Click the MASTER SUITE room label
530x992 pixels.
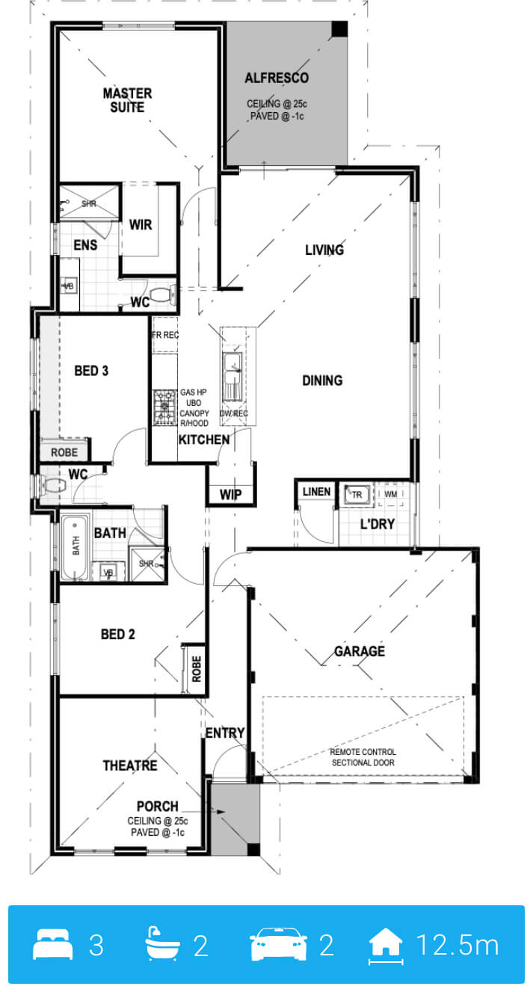[x=128, y=100]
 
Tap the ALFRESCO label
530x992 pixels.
[x=277, y=78]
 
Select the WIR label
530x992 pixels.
[x=141, y=224]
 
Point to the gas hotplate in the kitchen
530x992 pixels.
[x=164, y=407]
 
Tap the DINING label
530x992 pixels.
[x=322, y=381]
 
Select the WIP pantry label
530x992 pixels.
[x=231, y=494]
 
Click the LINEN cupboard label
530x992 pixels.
[x=317, y=492]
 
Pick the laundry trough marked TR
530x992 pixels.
[x=357, y=494]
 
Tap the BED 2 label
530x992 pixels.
[x=118, y=634]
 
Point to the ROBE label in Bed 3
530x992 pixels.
[x=64, y=452]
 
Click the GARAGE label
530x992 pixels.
[x=360, y=651]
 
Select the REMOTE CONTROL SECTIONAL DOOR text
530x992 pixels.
[x=363, y=757]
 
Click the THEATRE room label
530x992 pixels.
[x=130, y=765]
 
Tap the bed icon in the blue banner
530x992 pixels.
[x=52, y=944]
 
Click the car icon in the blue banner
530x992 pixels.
[x=279, y=943]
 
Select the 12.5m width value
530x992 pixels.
[x=457, y=945]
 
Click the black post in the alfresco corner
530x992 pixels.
[x=339, y=29]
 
